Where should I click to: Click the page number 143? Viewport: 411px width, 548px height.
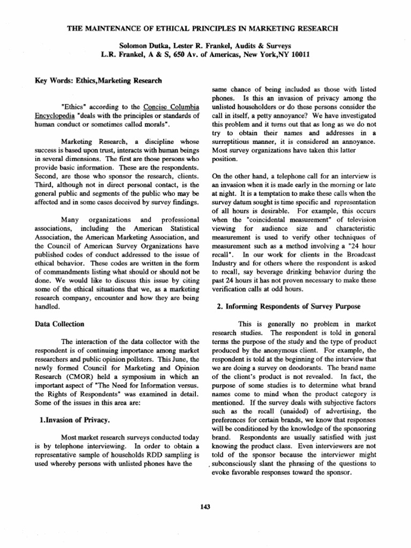coord(205,507)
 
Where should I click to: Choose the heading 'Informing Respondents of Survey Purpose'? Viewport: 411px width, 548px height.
coord(288,306)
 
